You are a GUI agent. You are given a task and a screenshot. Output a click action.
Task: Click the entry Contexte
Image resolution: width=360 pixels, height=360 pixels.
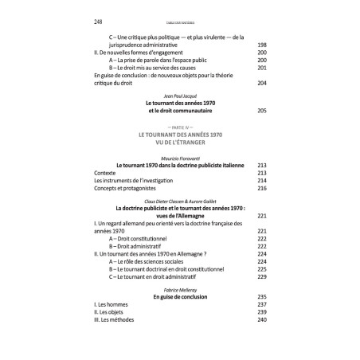[104, 171]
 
